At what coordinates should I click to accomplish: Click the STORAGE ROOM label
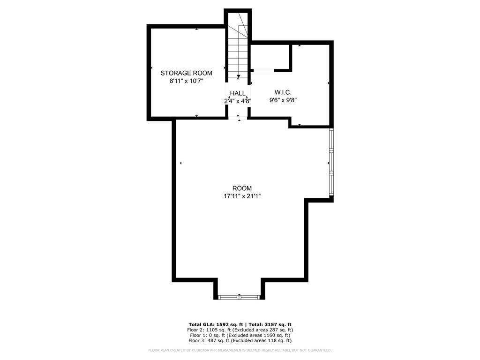click(x=186, y=73)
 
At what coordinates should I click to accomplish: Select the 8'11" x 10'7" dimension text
click(x=186, y=81)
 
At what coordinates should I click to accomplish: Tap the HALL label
click(x=238, y=93)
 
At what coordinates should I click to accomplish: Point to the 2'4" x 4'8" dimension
click(x=238, y=101)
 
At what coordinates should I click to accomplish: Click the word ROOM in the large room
click(x=242, y=188)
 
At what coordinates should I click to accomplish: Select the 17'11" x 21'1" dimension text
click(x=242, y=196)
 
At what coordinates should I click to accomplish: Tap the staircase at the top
click(x=238, y=47)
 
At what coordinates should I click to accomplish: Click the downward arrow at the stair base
click(x=239, y=76)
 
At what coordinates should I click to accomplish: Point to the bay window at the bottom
click(x=239, y=297)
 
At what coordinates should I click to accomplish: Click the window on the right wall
click(x=331, y=162)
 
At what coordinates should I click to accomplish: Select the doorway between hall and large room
click(x=238, y=118)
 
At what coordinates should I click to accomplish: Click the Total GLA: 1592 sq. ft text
click(x=215, y=324)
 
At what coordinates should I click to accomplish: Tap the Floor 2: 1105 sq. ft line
click(x=240, y=330)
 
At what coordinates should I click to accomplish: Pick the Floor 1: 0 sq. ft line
click(x=240, y=335)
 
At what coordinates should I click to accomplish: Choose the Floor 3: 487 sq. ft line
click(x=240, y=341)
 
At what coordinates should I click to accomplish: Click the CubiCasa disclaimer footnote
click(x=240, y=350)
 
